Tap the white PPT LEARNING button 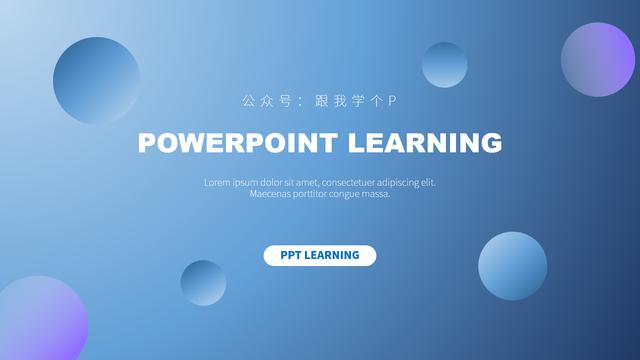tap(320, 255)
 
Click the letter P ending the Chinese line tap(393, 101)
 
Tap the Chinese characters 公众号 tap(266, 101)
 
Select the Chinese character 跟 tap(321, 101)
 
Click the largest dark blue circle tap(97, 80)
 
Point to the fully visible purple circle tap(598, 59)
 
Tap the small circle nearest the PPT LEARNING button tap(203, 283)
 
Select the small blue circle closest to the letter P tap(444, 65)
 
